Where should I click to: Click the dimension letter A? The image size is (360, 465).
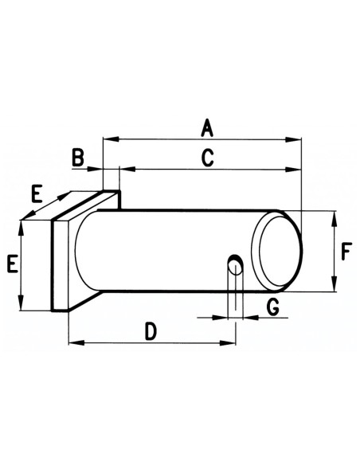point(206,127)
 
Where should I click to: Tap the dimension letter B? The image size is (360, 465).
point(78,157)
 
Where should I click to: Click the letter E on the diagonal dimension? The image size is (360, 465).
point(37,193)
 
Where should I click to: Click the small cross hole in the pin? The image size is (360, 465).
point(235,263)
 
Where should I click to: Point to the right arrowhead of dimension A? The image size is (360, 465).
point(298,140)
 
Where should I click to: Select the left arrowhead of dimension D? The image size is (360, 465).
point(74,343)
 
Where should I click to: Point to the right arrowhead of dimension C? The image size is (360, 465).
point(298,170)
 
